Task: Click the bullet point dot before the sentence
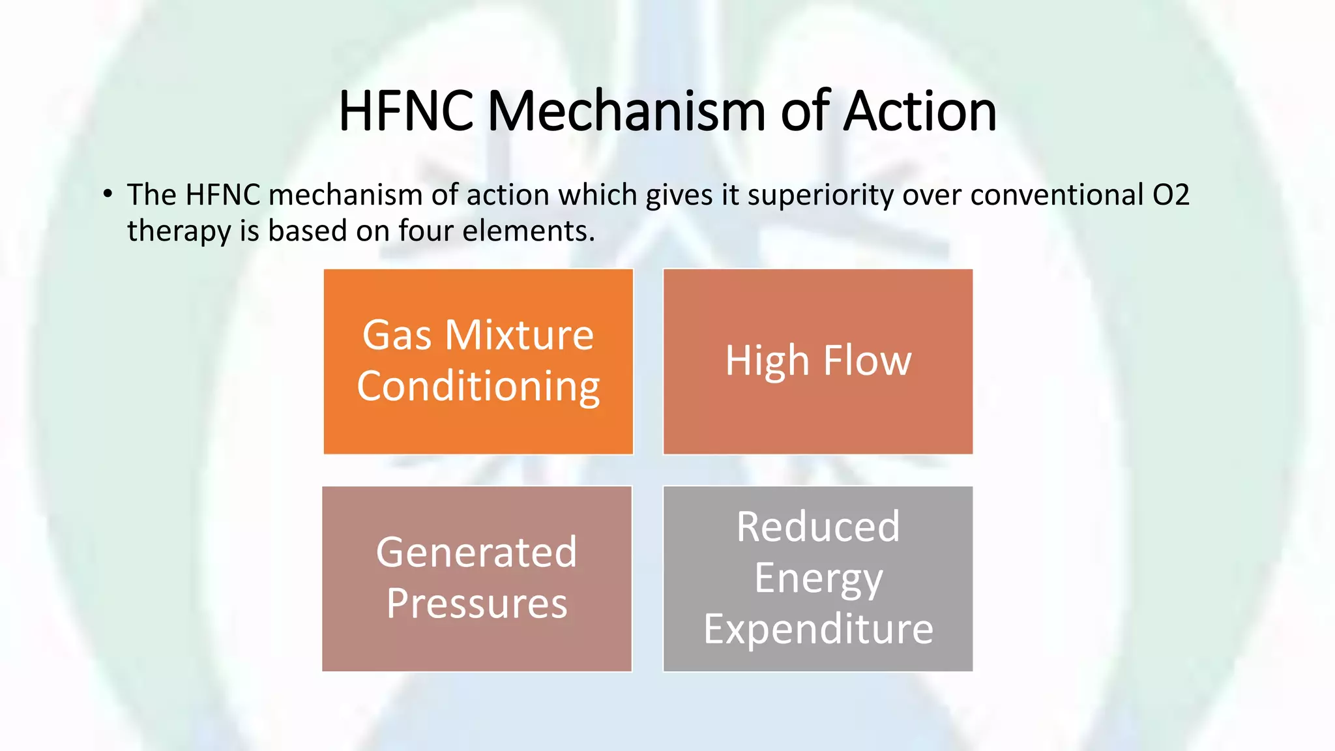[x=108, y=194]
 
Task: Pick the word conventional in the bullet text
[x=1057, y=195]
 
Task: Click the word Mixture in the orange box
[x=519, y=335]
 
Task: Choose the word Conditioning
[x=478, y=386]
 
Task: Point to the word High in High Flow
[x=767, y=361]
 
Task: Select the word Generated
[x=477, y=552]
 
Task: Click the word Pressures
[x=477, y=603]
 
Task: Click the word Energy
[x=818, y=578]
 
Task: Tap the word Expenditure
[x=818, y=629]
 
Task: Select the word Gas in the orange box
[x=397, y=335]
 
